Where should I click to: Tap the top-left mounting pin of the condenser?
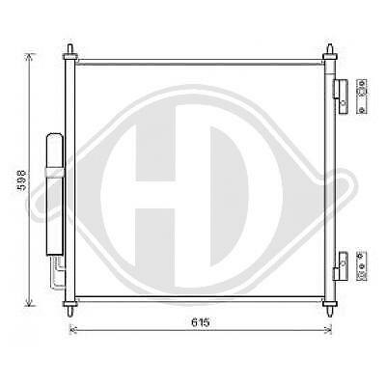(71, 49)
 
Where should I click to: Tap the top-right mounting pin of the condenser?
(330, 49)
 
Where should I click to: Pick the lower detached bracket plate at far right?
(362, 263)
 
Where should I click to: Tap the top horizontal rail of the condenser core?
(201, 63)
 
